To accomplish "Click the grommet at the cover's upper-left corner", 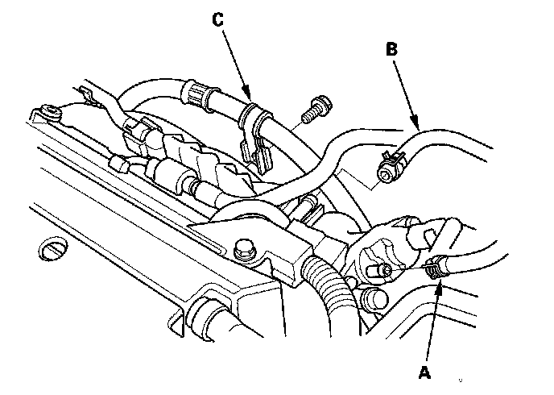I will pos(51,113).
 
